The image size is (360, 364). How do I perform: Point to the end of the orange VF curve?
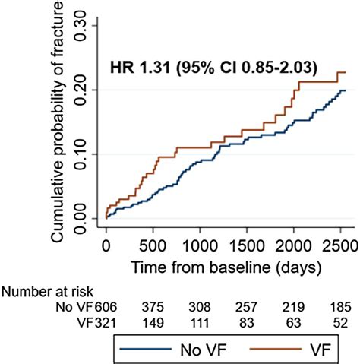(x=346, y=72)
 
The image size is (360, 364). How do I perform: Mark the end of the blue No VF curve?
(x=346, y=90)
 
